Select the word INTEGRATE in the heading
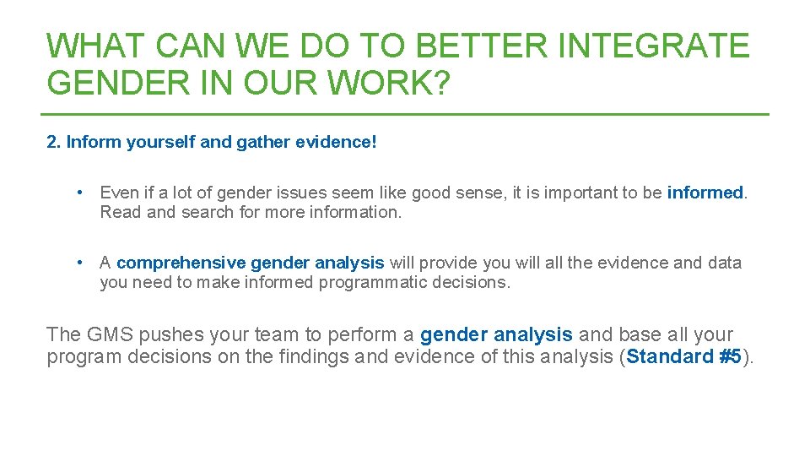[652, 46]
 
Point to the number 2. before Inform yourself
[54, 142]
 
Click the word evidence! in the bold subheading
[336, 142]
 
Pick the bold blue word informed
[705, 193]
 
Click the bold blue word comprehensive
[181, 263]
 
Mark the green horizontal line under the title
[405, 114]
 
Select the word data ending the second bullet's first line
[724, 263]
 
